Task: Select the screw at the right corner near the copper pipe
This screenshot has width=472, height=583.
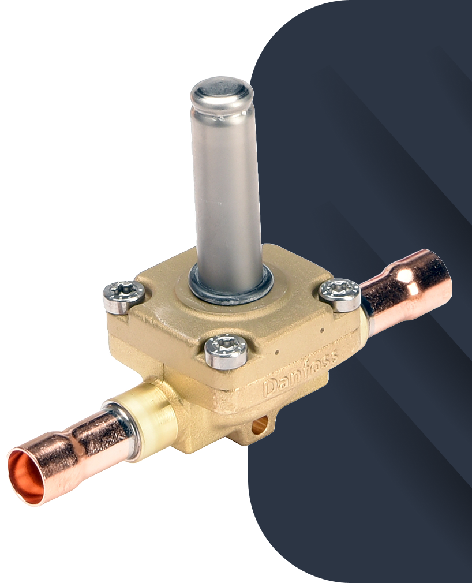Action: (340, 294)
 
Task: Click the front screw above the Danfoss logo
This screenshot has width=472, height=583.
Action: (226, 350)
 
